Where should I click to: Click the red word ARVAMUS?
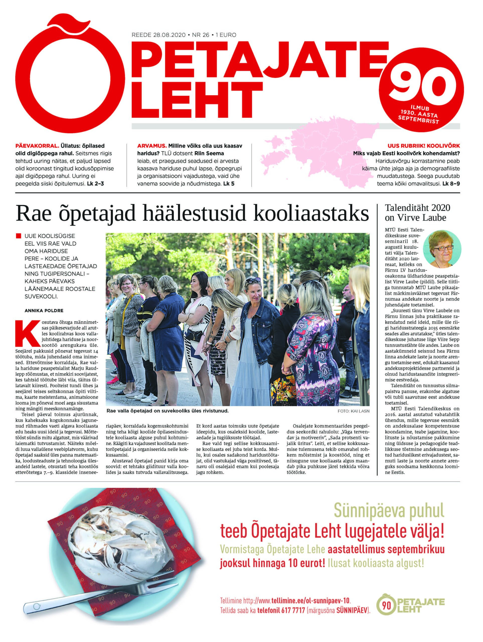coord(150,146)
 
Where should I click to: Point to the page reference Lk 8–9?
coord(451,184)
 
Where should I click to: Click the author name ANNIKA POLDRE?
coord(44,310)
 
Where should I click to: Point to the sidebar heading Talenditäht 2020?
coord(417,208)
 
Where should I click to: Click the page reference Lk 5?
coord(229,184)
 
